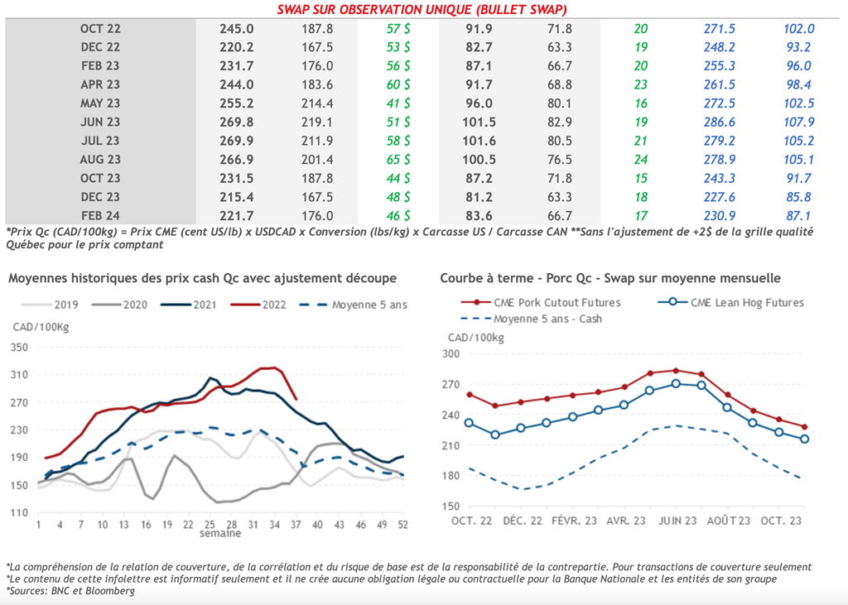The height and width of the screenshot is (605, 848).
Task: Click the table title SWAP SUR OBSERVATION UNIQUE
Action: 423,8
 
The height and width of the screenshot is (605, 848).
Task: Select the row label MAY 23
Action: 100,103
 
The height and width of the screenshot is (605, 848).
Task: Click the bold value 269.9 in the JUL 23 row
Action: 236,141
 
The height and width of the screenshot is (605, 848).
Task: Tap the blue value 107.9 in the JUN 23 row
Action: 798,122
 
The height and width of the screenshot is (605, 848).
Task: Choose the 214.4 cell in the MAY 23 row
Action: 318,103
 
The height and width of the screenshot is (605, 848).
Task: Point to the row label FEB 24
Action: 100,215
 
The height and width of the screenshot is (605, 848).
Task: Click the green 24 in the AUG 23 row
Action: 640,160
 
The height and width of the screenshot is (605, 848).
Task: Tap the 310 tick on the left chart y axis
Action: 20,375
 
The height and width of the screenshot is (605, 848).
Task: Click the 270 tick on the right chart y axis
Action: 450,384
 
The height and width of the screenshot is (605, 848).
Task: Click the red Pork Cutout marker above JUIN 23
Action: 676,371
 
